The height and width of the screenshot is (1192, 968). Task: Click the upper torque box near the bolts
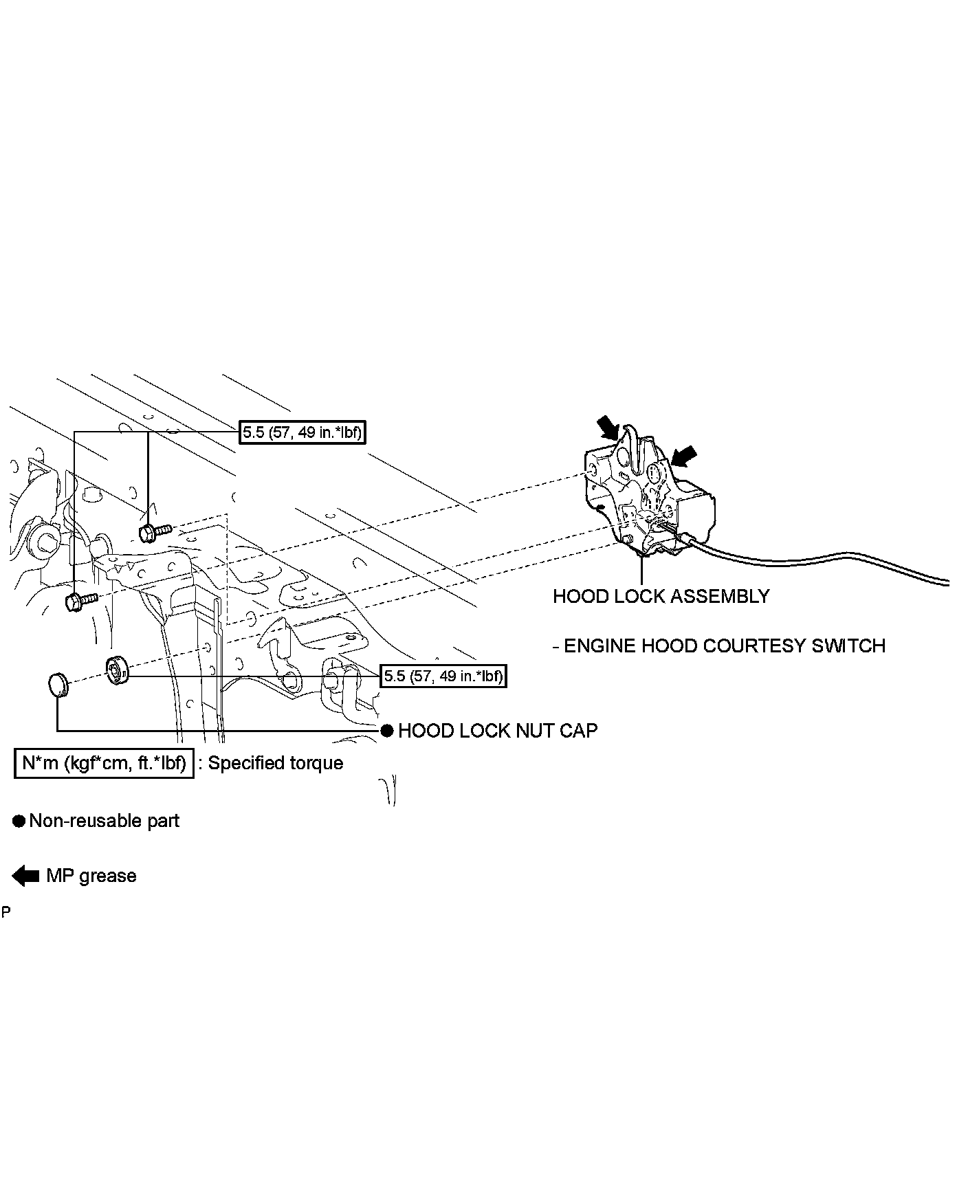pos(301,432)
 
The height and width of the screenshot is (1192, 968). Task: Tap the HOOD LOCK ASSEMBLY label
pos(661,596)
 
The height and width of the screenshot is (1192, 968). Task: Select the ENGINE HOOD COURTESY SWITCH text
pos(724,646)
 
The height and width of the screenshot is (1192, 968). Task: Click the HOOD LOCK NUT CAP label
pos(497,731)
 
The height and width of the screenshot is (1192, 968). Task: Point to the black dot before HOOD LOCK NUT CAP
pos(387,731)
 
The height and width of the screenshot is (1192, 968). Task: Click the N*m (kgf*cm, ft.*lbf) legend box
pos(104,763)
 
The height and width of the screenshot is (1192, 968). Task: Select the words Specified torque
pos(275,763)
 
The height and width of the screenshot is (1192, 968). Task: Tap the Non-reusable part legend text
pos(104,821)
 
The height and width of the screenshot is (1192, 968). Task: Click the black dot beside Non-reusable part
pos(19,821)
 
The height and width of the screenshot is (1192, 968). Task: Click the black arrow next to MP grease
pos(25,876)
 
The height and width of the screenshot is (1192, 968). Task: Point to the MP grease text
pos(91,876)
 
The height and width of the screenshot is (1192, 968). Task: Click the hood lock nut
pos(117,670)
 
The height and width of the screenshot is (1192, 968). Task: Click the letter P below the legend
pos(5,913)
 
